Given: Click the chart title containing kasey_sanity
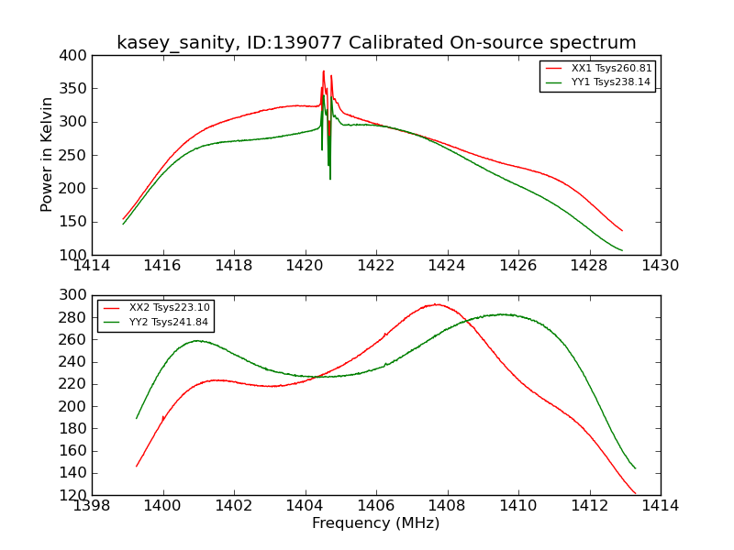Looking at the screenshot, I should click(x=376, y=42).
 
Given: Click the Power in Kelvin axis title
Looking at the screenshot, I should click(x=48, y=155).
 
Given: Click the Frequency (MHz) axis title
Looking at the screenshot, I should click(x=376, y=523).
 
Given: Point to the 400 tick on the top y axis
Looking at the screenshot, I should click(x=76, y=56).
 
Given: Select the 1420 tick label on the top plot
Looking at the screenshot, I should click(x=306, y=265).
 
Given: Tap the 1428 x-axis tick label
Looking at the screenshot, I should click(x=589, y=265).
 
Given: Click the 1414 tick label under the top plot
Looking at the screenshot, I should click(x=92, y=265).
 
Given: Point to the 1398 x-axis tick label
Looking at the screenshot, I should click(x=92, y=505).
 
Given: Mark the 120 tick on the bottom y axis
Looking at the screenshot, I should click(x=76, y=495).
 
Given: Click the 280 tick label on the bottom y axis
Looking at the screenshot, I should click(x=76, y=317).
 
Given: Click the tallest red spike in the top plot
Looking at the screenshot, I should click(x=323, y=71).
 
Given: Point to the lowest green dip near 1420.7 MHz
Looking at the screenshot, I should click(x=330, y=178).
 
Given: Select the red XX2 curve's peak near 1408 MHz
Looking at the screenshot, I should click(x=437, y=304).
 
